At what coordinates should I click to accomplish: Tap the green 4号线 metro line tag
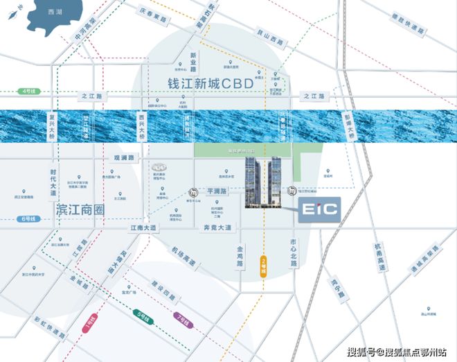28,91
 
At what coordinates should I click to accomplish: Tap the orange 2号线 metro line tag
264,266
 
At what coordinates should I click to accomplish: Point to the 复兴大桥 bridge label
51,126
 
